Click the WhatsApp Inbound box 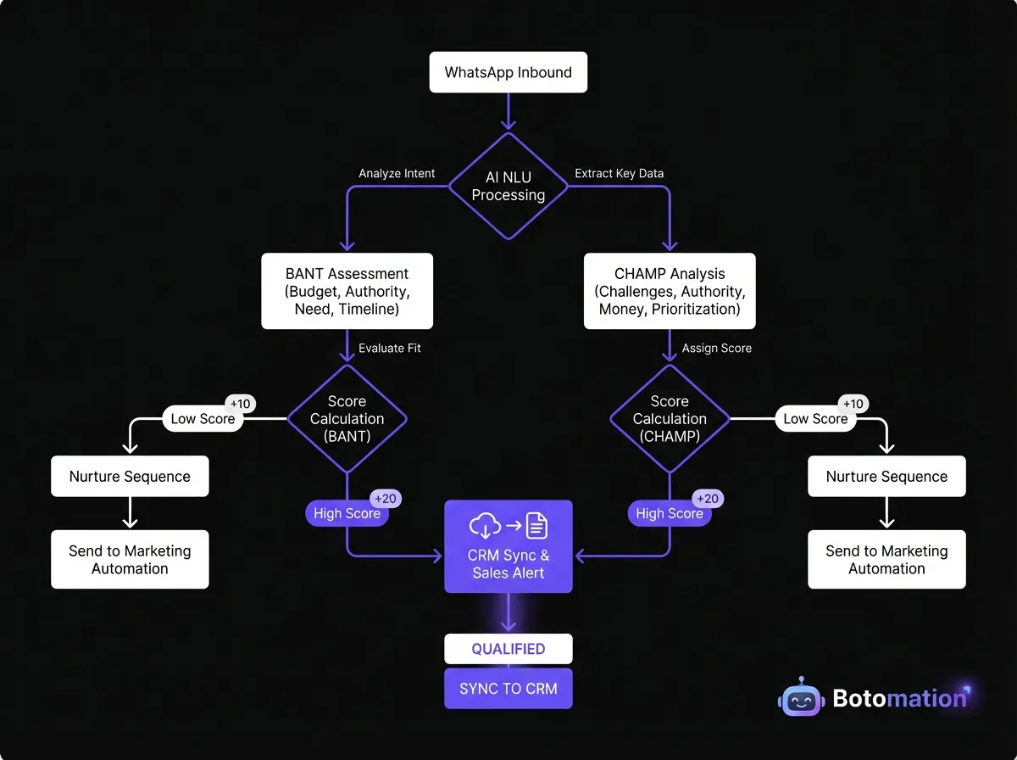coord(508,73)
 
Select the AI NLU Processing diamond coord(508,186)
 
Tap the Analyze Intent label coord(397,173)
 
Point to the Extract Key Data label coord(619,173)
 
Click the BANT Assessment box coord(347,291)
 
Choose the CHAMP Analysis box coord(670,291)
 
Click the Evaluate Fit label coord(389,348)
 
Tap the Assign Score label coord(716,348)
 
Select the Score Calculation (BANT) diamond coord(347,418)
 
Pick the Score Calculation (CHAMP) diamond coord(670,418)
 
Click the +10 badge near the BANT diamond coord(240,404)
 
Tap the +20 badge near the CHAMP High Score coord(709,499)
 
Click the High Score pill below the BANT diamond coord(346,513)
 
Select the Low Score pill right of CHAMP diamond coord(815,418)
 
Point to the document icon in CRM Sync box coord(536,526)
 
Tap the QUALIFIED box coord(508,649)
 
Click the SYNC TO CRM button coord(508,689)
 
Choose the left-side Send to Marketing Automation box coord(130,560)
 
